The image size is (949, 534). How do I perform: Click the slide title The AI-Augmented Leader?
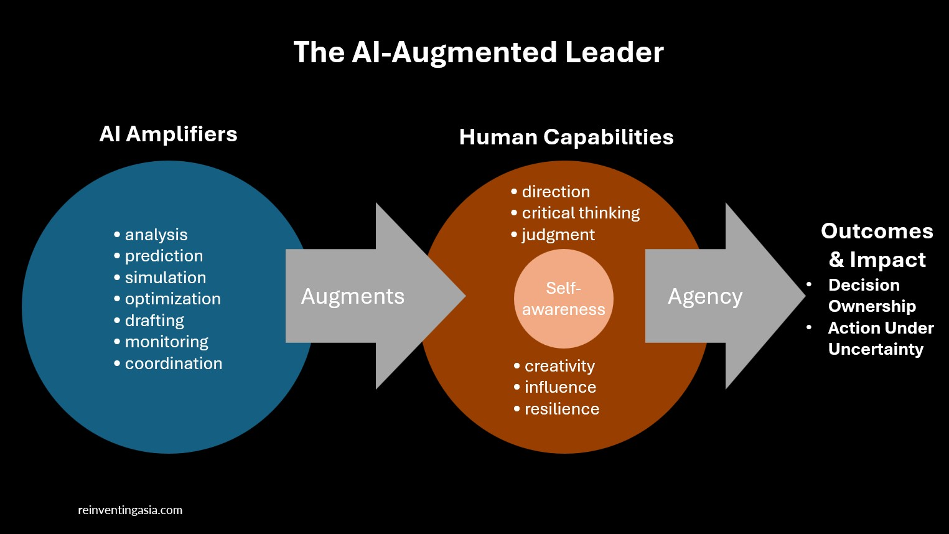478,53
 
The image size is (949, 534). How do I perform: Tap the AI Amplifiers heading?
168,134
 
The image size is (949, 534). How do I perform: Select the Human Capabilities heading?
566,138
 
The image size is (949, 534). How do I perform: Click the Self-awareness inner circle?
563,299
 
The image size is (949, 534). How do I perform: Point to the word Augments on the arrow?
352,296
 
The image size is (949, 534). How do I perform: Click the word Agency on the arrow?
704,297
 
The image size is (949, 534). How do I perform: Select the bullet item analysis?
156,235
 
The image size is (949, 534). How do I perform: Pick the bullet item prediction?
164,256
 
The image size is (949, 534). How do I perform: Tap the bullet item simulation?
165,278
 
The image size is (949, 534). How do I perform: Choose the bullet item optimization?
172,299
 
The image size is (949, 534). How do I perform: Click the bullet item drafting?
154,321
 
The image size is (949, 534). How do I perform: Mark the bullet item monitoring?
166,342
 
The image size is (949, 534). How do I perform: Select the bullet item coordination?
173,363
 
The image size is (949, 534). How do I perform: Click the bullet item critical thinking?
580,213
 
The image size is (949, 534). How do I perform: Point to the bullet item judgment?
558,235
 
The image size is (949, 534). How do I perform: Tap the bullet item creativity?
559,366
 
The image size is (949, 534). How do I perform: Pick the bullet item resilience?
561,409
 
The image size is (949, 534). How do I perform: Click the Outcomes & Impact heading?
877,245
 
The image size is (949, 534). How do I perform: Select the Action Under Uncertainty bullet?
880,339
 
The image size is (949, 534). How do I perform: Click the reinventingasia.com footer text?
130,510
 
